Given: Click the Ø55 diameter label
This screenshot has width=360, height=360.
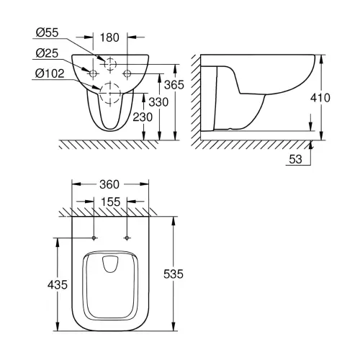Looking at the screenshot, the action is [47, 32].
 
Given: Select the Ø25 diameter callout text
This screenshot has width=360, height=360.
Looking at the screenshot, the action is [47, 53].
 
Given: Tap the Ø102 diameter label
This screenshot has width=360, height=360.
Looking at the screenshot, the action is [50, 73].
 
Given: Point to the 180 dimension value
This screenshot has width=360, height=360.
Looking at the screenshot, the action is [109, 37].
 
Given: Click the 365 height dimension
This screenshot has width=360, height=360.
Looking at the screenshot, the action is [174, 85].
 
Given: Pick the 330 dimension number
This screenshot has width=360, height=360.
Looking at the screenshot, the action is [158, 102].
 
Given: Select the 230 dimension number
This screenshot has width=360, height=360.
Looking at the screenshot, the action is [143, 117].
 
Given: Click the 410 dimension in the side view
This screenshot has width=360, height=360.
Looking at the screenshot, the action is [320, 98].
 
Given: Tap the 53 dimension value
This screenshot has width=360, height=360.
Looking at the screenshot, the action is [295, 159].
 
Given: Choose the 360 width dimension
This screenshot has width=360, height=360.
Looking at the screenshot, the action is [109, 184].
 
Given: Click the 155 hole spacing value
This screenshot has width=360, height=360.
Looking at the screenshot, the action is [110, 202].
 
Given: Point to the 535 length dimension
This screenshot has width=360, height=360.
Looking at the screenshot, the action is [174, 274].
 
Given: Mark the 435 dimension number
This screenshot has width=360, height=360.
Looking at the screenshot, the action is [58, 285].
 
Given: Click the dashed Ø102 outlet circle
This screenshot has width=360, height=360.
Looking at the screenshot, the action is [110, 83].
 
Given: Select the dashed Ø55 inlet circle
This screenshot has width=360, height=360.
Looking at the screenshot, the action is [110, 59].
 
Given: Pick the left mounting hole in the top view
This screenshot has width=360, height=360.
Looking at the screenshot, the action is [94, 238].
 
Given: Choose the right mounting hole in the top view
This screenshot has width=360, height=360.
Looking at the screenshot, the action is [127, 238].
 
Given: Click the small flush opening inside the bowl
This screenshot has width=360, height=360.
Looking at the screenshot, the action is [110, 264].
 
